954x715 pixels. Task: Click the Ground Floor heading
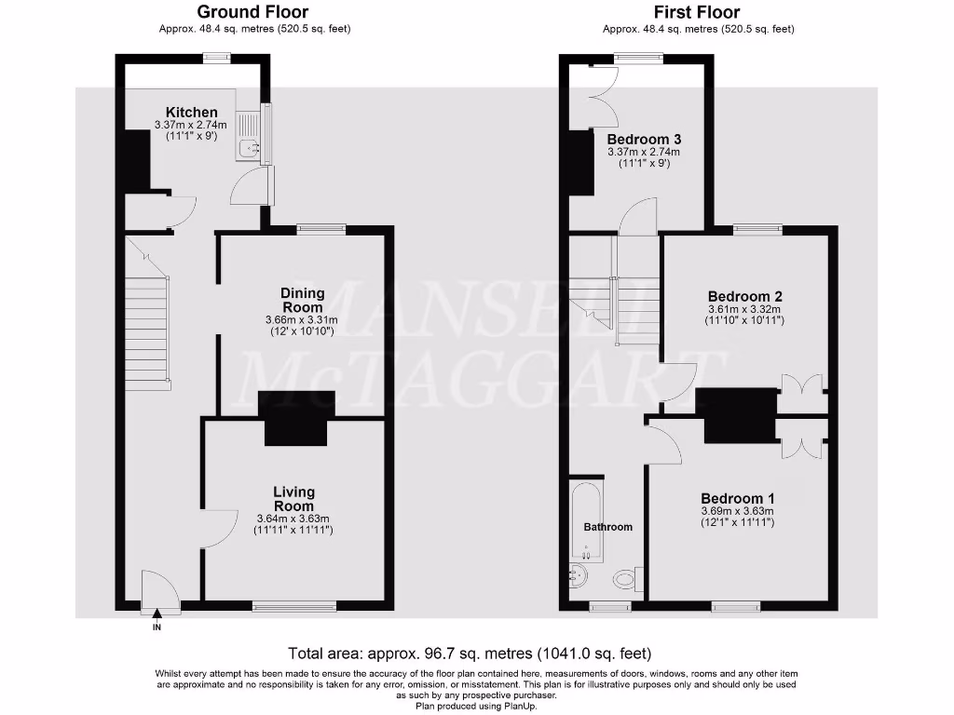[253, 12]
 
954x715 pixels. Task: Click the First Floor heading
[697, 12]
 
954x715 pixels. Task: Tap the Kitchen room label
[192, 113]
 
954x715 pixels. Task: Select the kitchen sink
[249, 147]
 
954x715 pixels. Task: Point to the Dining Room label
[302, 300]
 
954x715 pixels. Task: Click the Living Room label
[293, 498]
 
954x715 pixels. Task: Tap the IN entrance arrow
[157, 614]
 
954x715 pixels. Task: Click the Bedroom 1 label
[737, 498]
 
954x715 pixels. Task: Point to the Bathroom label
[607, 527]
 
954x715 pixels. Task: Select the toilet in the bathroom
[626, 580]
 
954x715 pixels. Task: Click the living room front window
[294, 607]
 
